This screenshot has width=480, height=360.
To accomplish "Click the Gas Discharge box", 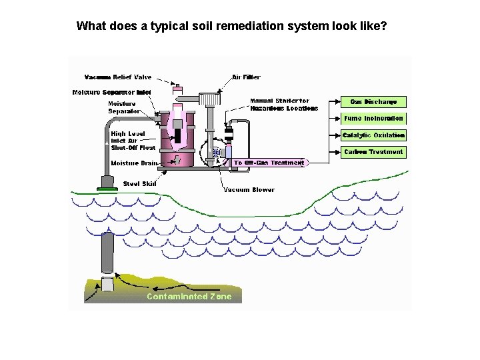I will click(x=373, y=102).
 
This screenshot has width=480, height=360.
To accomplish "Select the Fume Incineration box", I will click(x=373, y=119).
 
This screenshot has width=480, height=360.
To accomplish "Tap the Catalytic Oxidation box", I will click(x=373, y=135).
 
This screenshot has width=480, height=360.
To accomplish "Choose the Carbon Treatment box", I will click(x=373, y=152).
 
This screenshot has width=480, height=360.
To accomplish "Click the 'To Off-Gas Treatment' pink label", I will click(x=269, y=163).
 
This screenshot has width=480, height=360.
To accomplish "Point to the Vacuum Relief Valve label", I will click(x=118, y=77).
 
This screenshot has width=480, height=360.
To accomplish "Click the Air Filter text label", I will click(x=246, y=77).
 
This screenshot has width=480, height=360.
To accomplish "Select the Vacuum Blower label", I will click(x=249, y=190).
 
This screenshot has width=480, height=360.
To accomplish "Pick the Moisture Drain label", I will click(x=134, y=163).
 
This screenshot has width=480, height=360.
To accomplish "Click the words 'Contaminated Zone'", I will click(x=189, y=297).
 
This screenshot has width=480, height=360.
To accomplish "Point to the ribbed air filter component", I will click(x=211, y=99).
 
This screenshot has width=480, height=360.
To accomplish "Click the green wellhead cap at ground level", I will click(x=107, y=189).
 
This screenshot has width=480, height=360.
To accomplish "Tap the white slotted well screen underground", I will click(x=107, y=285).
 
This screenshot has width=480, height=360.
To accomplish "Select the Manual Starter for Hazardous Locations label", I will click(x=283, y=105).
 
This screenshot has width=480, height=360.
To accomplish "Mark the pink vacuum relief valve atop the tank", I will click(x=177, y=89).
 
